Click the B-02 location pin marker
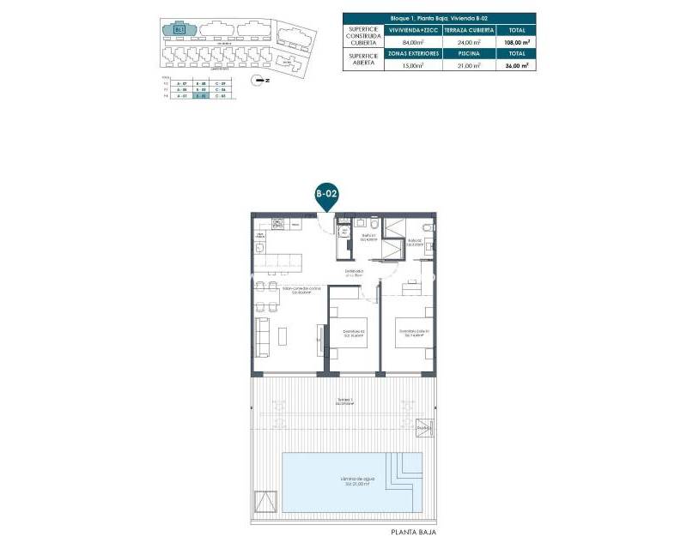tap(325, 196)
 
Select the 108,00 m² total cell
tap(516, 40)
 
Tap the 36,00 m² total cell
tap(516, 64)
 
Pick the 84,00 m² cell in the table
tap(415, 40)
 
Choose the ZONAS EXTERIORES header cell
tap(415, 53)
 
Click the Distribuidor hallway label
tap(354, 273)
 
